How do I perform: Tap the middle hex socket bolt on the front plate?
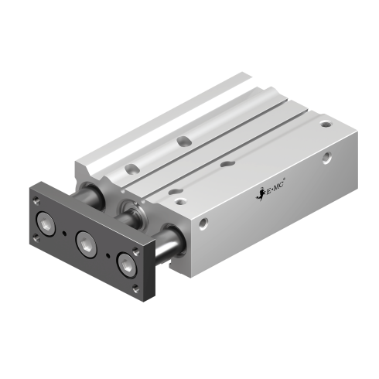click(86, 244)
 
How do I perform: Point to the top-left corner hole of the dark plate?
click(36, 198)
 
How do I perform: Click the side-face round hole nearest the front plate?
click(203, 224)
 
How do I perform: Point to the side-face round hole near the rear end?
click(327, 157)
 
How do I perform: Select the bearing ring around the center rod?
click(136, 210)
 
